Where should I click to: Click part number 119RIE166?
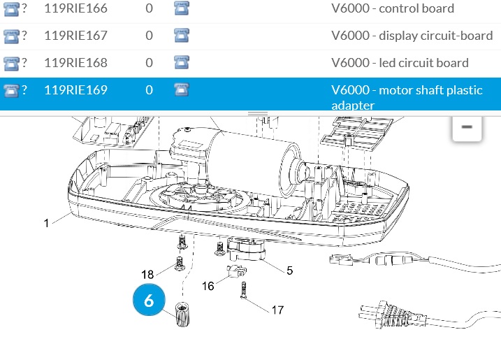[75, 8]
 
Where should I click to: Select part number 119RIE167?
[75, 35]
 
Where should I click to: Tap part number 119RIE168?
[75, 63]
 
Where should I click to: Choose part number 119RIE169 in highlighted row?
[75, 90]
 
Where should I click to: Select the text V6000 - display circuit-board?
[412, 35]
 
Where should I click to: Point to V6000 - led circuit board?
[400, 63]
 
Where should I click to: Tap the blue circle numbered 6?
[149, 301]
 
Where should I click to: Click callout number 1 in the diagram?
[47, 224]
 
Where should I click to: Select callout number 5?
[289, 269]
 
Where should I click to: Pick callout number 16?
[208, 286]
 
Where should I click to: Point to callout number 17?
[277, 310]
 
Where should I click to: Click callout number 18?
[147, 274]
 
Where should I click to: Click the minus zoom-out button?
[467, 127]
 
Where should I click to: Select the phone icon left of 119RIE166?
[11, 8]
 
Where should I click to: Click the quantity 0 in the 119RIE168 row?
[150, 63]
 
